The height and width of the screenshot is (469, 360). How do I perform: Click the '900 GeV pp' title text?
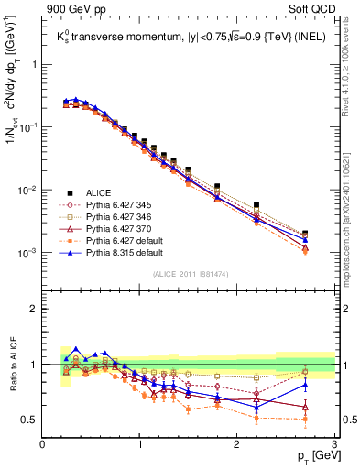click(72, 8)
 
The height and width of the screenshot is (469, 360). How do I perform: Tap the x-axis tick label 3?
click(333, 444)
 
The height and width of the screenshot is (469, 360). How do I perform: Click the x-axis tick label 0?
click(43, 444)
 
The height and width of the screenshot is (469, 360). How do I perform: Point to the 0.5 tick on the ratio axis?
click(29, 420)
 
